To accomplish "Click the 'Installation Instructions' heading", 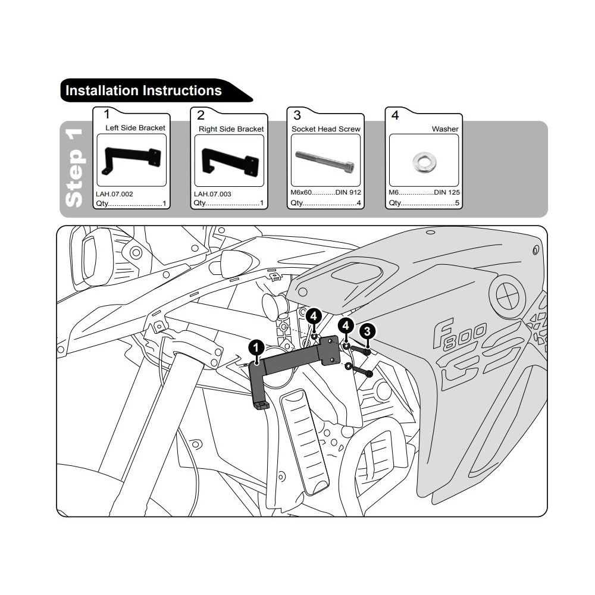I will (143, 91).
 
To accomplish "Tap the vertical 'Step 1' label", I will (73, 169).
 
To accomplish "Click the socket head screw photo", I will (325, 161).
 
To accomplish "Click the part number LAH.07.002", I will (114, 194).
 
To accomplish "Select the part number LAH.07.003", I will (212, 194).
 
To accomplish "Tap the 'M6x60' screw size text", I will (301, 193).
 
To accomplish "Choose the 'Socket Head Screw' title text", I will (325, 129).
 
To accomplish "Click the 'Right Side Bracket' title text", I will (231, 129).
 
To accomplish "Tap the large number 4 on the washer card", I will (395, 115).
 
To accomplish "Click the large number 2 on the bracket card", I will (201, 115).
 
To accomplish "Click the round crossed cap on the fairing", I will (508, 292).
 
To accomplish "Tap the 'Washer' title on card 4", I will (445, 129).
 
